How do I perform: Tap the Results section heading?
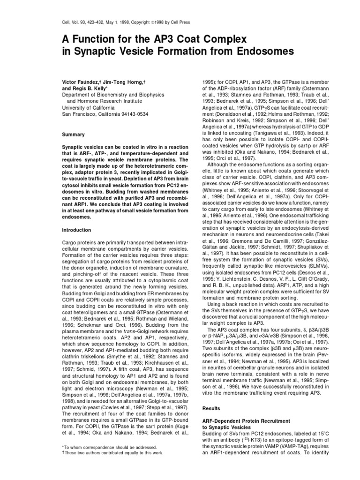coord(211,409)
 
